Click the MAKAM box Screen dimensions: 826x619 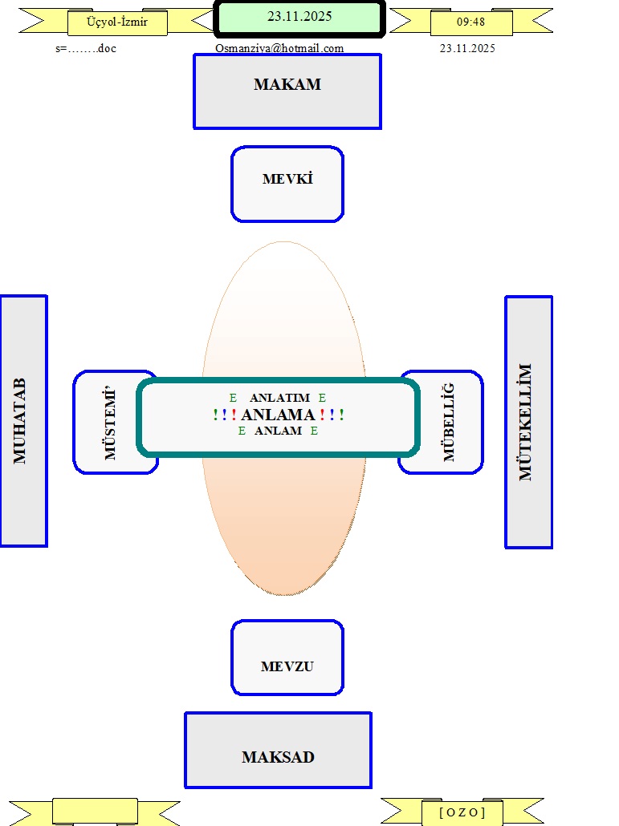pos(287,91)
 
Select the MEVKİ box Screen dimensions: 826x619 pos(287,184)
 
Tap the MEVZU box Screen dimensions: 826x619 pos(287,658)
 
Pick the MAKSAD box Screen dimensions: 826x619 pos(278,751)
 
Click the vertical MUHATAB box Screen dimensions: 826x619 pos(22,421)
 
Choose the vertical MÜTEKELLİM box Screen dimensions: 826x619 pos(528,422)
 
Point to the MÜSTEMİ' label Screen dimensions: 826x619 pos(110,423)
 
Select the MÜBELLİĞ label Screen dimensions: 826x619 pos(449,422)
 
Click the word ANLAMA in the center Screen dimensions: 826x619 pos(278,415)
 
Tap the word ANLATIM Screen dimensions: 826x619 pos(279,398)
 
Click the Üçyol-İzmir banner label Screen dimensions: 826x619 pos(117,22)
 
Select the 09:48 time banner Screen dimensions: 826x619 pos(470,22)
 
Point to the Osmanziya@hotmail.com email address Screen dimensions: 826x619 pos(279,48)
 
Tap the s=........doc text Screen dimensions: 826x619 pos(86,48)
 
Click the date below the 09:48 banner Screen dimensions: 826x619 pos(467,48)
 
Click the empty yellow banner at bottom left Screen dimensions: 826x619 pos(95,812)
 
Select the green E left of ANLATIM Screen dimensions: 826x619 pos(234,398)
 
